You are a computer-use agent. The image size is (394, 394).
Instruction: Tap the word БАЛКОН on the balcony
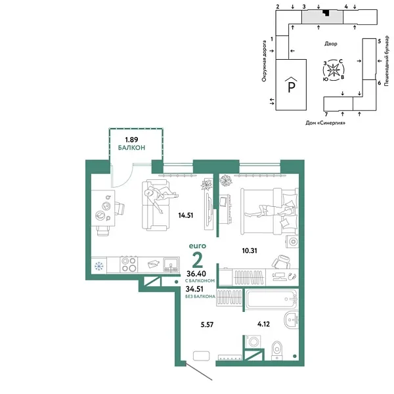click(x=131, y=148)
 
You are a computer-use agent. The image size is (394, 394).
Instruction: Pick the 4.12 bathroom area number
click(x=263, y=323)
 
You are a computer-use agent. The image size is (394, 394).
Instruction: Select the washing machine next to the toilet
click(x=253, y=345)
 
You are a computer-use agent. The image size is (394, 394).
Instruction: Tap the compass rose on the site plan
click(x=334, y=69)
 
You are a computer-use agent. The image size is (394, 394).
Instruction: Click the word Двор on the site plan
click(x=331, y=44)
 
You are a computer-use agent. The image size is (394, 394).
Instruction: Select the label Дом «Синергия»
click(x=325, y=122)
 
